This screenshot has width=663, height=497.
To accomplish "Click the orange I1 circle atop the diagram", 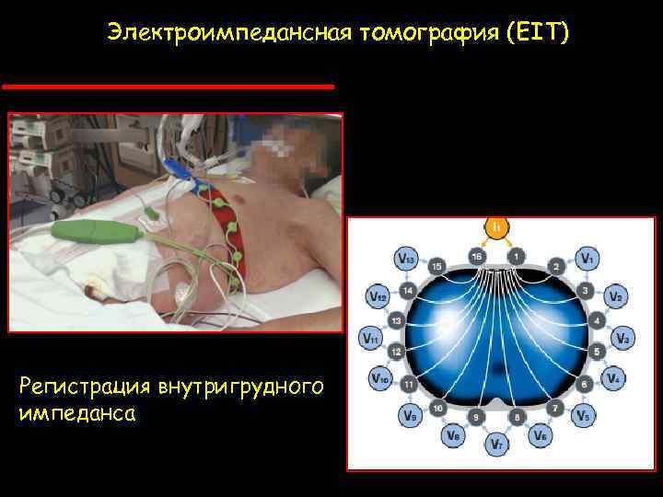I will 495,225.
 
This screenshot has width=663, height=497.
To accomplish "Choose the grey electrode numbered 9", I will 476,417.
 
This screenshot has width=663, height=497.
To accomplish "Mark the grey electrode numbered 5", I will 597,350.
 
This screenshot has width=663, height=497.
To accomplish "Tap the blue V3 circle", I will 623,338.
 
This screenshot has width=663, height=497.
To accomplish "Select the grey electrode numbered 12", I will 396,351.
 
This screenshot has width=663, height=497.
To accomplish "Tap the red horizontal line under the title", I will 168,86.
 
